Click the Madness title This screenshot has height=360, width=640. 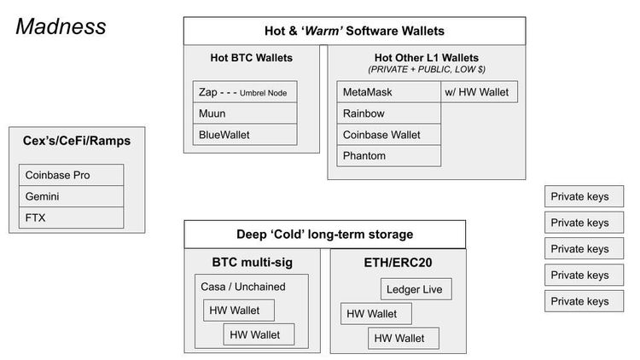(x=61, y=26)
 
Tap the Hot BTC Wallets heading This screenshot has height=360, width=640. (x=251, y=58)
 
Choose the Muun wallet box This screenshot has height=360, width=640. (x=245, y=113)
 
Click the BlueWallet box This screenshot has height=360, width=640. (x=245, y=134)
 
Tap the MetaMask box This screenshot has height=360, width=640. (x=389, y=91)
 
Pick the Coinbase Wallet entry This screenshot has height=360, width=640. (x=389, y=134)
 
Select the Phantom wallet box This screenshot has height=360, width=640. (x=389, y=155)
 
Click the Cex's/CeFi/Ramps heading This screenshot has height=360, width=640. (x=72, y=140)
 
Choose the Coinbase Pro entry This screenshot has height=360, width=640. (x=72, y=175)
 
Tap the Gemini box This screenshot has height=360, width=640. (x=72, y=196)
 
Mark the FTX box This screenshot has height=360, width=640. (x=72, y=218)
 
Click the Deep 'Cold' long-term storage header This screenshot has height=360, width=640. (x=325, y=235)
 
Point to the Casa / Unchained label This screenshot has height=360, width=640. (x=242, y=287)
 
